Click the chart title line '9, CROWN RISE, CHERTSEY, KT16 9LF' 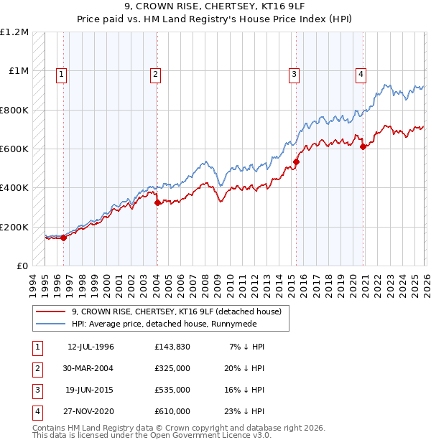point(215,7)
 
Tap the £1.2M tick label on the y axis point(14,32)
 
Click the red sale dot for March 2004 point(157,202)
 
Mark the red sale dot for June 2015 point(296,161)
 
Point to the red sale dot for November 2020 point(363,147)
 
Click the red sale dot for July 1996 point(63,238)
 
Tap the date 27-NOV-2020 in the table point(91,411)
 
